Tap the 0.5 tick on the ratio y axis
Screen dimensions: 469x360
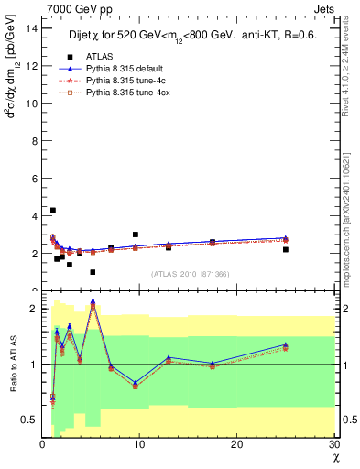point(29,420)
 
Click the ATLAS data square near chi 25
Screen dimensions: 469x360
point(286,249)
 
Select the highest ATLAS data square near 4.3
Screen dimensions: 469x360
point(52,210)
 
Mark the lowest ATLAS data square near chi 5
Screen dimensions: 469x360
point(93,272)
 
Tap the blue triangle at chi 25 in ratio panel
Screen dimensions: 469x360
point(286,344)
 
